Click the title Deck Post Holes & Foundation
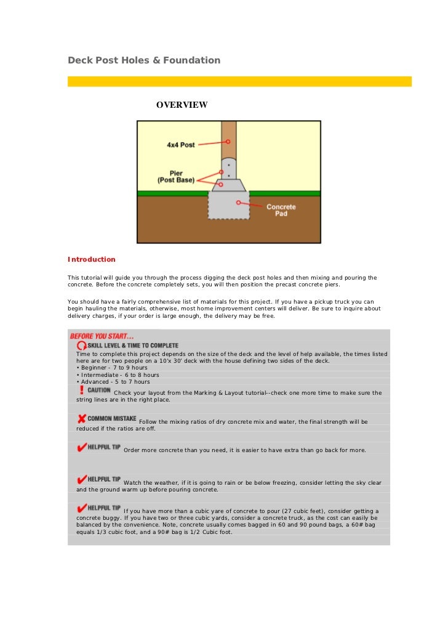pos(143,60)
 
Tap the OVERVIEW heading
pos(182,105)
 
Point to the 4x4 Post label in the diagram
pos(181,145)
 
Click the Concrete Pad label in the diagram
pos(281,210)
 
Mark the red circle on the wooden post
pos(228,141)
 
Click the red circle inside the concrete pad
pos(237,201)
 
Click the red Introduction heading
pos(91,259)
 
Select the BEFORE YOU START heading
pos(102,336)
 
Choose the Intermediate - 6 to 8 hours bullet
pos(117,374)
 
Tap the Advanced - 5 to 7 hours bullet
pos(113,382)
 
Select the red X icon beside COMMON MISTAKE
pos(81,419)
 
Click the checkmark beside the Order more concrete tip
pos(81,448)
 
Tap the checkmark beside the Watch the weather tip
pos(81,480)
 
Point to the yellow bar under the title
pos(239,81)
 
